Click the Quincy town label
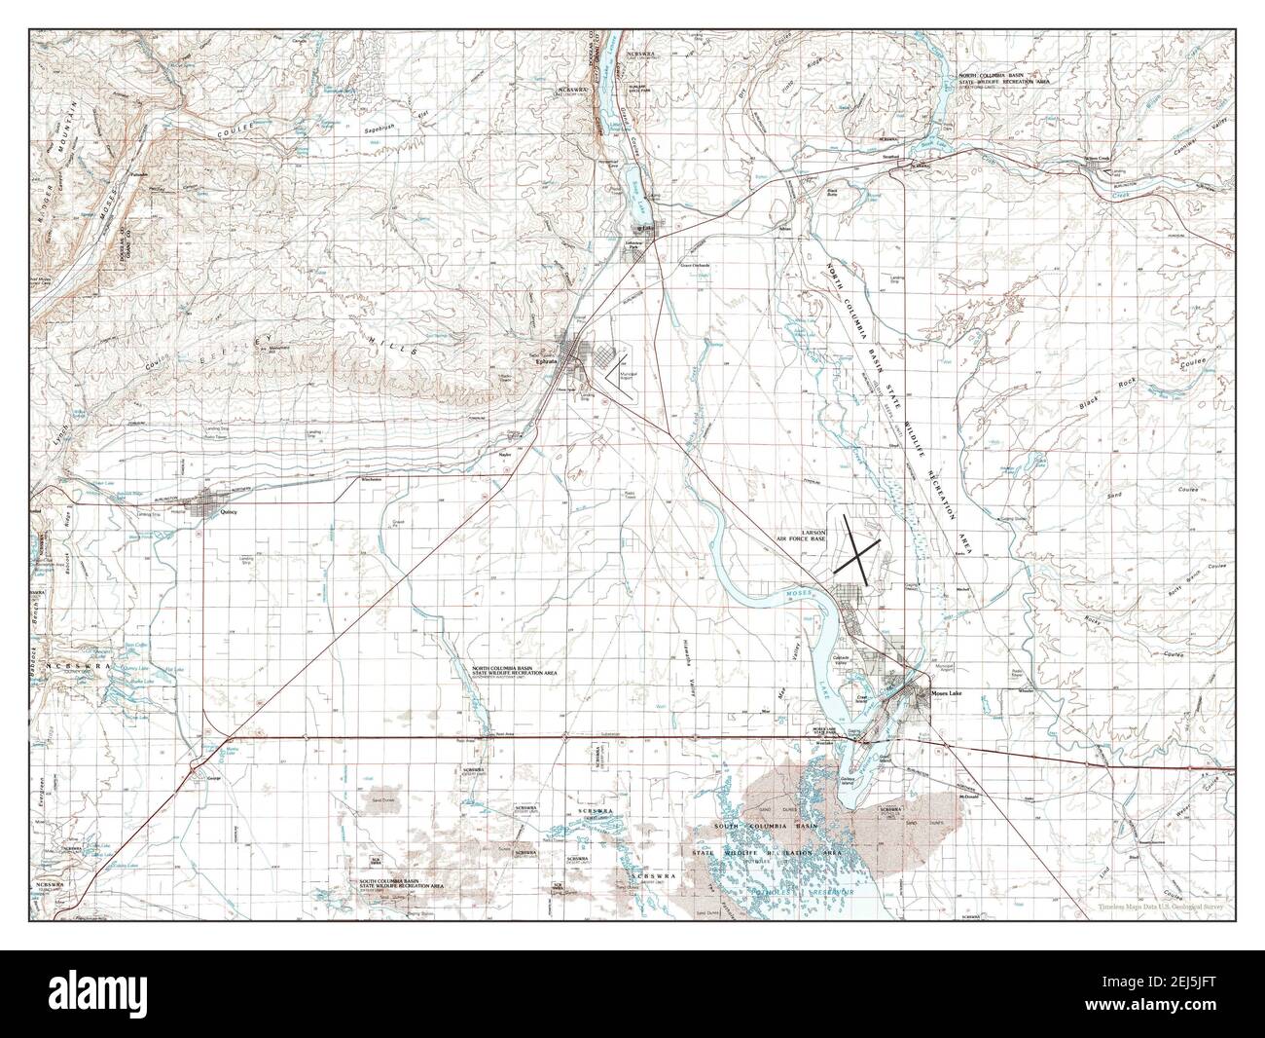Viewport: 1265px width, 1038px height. [x=230, y=510]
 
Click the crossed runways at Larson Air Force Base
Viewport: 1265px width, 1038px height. [x=856, y=551]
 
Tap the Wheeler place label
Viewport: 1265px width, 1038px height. [x=1022, y=692]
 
